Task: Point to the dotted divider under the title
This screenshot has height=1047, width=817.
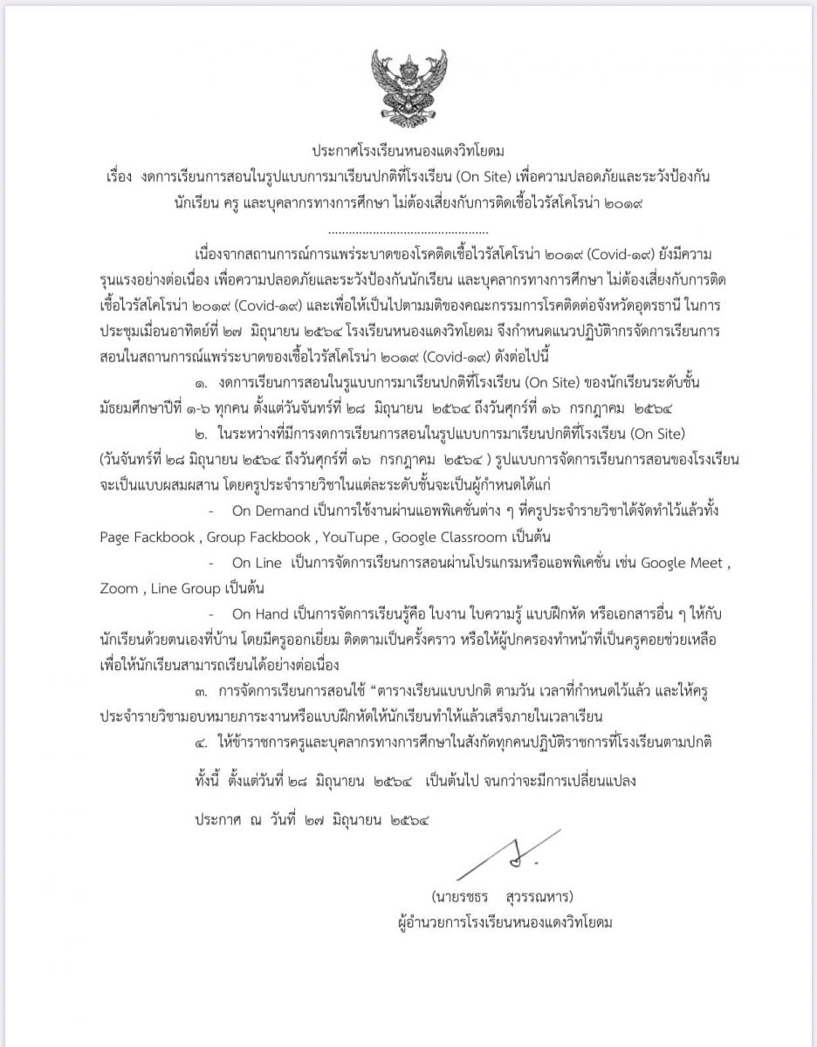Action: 408,232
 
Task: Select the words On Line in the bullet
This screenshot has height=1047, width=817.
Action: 260,564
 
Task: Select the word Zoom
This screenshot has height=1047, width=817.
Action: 119,589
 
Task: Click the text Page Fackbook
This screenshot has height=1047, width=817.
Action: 148,537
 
